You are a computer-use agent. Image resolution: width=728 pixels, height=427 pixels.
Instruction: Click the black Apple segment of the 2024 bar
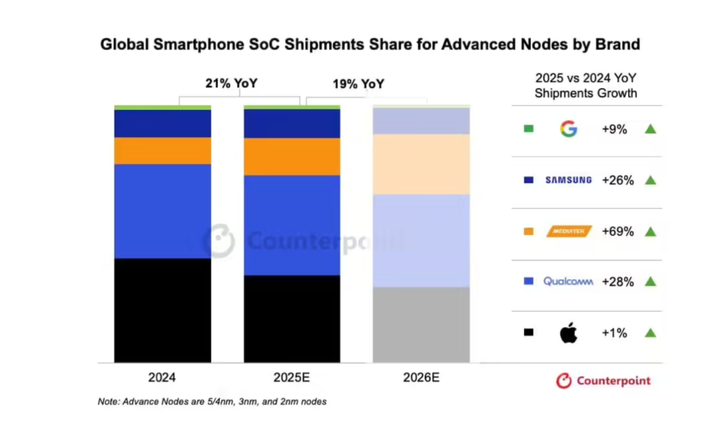(x=162, y=310)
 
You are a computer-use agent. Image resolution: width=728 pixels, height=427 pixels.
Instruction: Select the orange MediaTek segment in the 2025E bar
(x=291, y=156)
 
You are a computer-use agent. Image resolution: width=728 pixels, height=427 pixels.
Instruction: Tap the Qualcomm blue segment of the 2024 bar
(x=162, y=211)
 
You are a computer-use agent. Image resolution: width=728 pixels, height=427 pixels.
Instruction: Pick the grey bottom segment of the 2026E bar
(x=421, y=325)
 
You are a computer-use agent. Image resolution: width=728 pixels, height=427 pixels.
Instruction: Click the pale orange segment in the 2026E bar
(x=421, y=164)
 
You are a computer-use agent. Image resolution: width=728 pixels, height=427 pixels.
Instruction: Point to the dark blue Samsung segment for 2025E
(x=291, y=124)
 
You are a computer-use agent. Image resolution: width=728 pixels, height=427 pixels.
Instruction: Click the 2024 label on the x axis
(x=162, y=378)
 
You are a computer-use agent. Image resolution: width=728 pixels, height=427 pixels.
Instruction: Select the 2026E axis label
(x=422, y=378)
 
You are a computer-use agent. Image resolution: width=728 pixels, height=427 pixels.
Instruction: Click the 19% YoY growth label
(x=358, y=84)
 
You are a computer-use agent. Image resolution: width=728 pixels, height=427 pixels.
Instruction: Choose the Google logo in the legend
(x=568, y=129)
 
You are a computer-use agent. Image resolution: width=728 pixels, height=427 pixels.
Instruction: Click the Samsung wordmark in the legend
(x=568, y=181)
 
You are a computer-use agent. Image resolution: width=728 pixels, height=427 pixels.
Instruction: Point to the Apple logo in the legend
(x=568, y=332)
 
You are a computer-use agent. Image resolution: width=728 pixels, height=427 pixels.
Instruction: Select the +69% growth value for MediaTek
(x=617, y=231)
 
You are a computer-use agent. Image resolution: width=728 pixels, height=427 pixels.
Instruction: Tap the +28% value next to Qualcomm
(x=617, y=281)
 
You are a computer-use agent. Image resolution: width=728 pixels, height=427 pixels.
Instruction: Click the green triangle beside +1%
(x=650, y=332)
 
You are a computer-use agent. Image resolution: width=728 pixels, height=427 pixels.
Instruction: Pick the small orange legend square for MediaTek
(x=529, y=231)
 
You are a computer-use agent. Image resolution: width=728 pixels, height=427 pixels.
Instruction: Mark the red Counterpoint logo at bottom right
(x=603, y=381)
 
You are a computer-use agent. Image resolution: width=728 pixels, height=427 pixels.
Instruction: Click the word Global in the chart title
(x=126, y=45)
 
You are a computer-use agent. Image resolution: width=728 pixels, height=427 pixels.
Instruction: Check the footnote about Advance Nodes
(x=212, y=401)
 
